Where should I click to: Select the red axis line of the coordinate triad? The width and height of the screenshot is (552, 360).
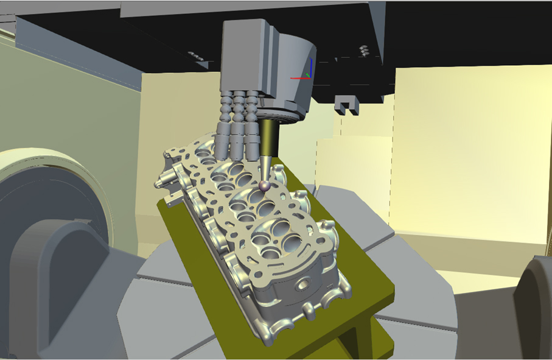click(299, 78)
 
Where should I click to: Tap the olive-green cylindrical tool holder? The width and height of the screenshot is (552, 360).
click(268, 137)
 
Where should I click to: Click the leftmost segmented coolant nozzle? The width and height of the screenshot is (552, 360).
click(225, 125)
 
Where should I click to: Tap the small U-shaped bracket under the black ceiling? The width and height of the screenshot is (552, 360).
click(346, 105)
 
